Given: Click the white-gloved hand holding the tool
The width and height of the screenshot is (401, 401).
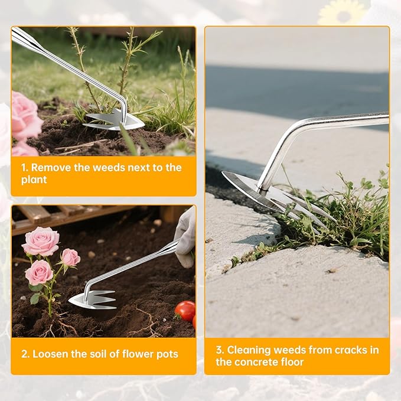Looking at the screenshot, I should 185,236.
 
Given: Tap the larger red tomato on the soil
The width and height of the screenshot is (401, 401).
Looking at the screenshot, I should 185,310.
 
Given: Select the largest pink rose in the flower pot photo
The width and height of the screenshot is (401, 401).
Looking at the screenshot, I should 40,242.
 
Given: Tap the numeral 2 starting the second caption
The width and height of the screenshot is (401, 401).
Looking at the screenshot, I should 24,354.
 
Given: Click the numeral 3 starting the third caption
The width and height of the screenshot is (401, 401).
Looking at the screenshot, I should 219,350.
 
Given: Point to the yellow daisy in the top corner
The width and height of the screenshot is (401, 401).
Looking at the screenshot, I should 342,12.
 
